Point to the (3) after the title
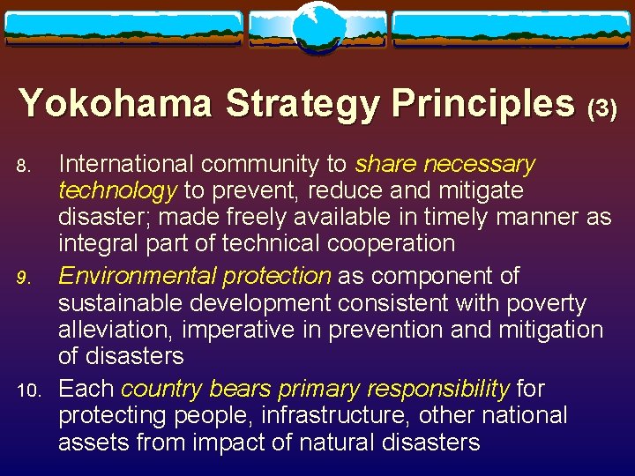602,108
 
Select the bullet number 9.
26,279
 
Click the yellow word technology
118,190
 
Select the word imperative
235,330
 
